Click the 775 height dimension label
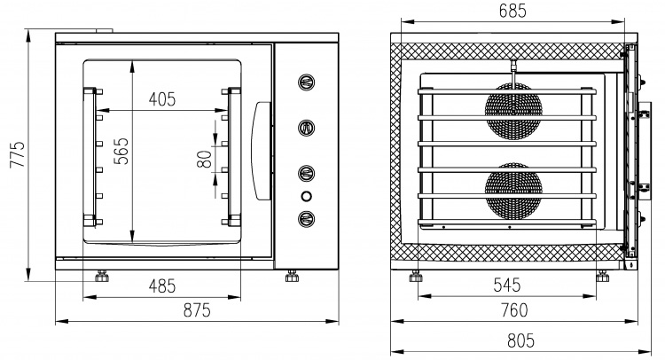pos(19,154)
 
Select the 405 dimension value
pos(162,99)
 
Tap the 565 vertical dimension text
pos(121,151)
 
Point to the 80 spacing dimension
pos(205,159)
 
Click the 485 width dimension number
pos(162,286)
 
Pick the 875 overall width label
pos(197,310)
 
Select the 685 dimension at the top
pos(512,11)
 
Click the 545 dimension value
pos(507,286)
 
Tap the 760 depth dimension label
pos(514,310)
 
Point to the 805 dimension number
pos(520,340)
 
